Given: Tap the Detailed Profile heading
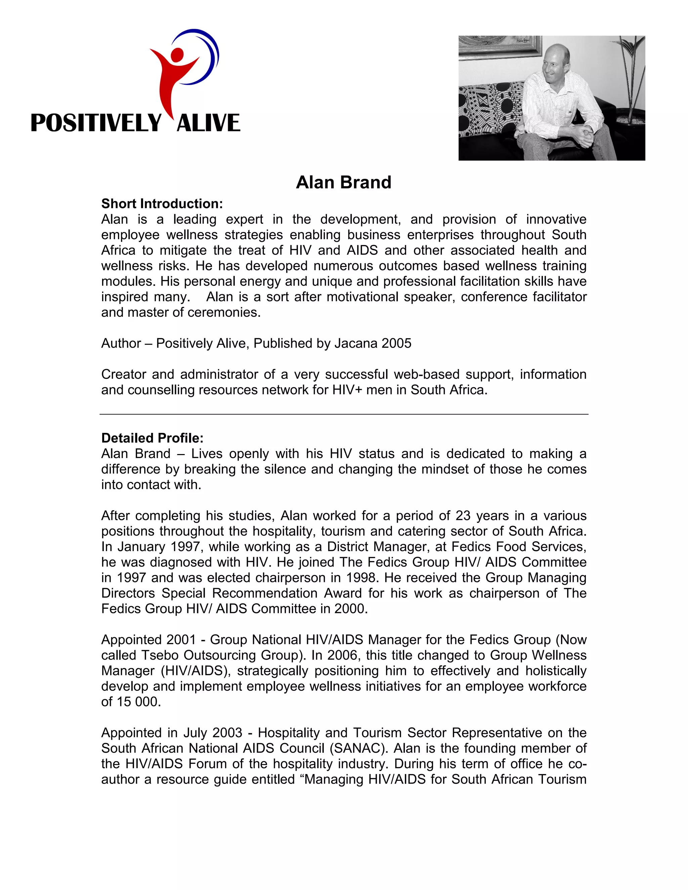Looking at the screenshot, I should pos(152,438).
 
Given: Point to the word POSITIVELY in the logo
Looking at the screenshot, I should pos(96,123).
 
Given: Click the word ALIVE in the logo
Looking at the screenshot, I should pos(208,123).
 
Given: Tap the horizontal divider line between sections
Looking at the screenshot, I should pos(343,414).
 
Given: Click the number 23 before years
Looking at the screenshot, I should pos(463,516).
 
